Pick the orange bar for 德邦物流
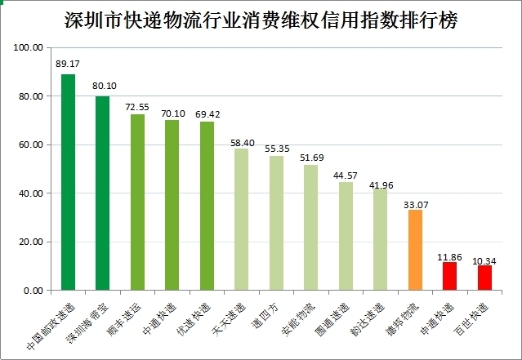pyautogui.click(x=415, y=250)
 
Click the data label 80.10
pyautogui.click(x=103, y=85)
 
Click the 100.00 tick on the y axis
pyautogui.click(x=29, y=48)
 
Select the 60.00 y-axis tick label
pyautogui.click(x=30, y=145)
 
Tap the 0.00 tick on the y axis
pyautogui.click(x=33, y=291)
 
